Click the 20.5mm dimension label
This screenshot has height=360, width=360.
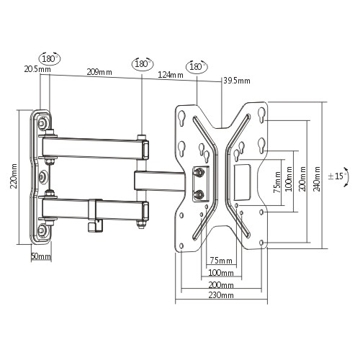[37, 69]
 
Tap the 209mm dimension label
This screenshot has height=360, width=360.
[99, 72]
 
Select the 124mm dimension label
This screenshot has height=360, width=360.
[171, 75]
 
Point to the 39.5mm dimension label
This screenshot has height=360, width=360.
[237, 81]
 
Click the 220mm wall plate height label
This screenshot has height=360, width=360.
[14, 176]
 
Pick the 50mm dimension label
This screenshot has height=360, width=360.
[41, 256]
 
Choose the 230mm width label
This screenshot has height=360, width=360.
[221, 294]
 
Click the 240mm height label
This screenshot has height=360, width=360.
[317, 179]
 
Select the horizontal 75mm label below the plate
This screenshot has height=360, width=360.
[221, 260]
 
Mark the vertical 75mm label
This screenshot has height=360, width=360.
[277, 182]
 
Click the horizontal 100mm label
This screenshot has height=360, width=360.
[221, 273]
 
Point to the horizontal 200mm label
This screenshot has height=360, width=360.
[221, 285]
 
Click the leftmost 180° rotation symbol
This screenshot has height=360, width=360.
[50, 58]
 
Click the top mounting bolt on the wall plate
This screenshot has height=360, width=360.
[43, 123]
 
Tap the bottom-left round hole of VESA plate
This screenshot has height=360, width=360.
[181, 246]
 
